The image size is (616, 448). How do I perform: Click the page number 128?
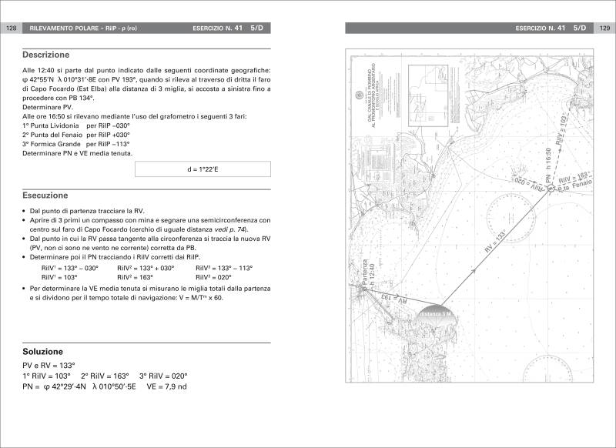pos(12,28)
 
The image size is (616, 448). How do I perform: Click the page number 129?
pos(604,28)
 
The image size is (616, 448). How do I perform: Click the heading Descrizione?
pos(45,55)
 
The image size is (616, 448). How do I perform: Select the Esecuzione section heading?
pos(45,196)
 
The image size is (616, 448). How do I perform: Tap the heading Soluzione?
pos(42,351)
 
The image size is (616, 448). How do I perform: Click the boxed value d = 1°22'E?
pos(203,169)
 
